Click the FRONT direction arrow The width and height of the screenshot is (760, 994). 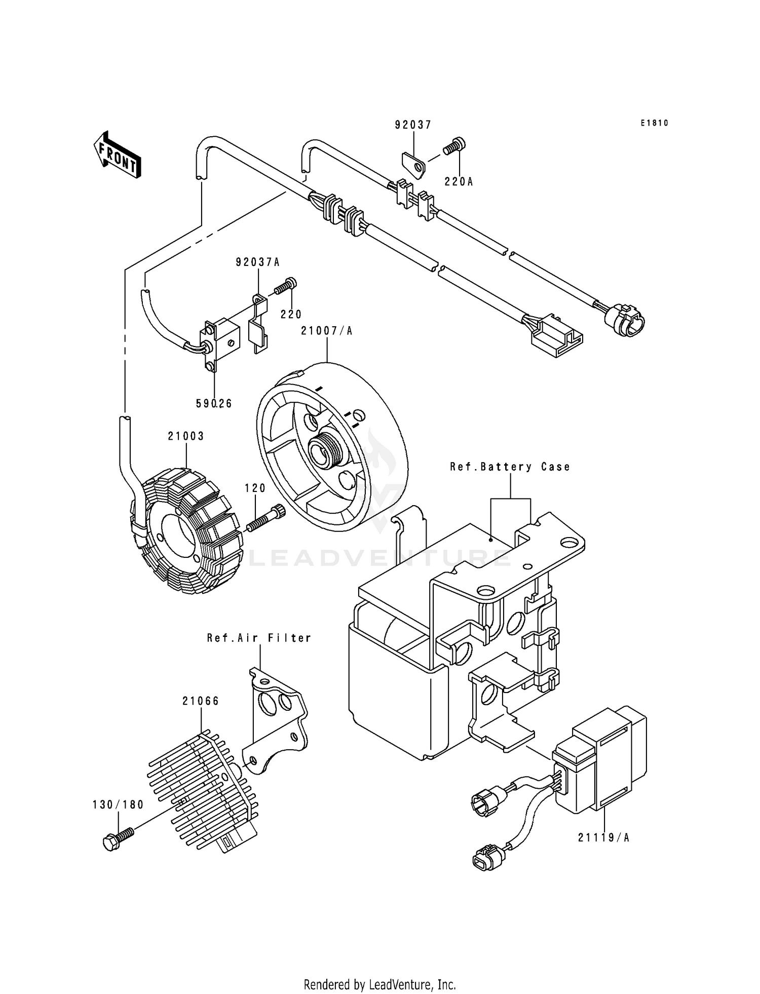pyautogui.click(x=117, y=155)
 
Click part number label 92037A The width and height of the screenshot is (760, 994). pyautogui.click(x=257, y=262)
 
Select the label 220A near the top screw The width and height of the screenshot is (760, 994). pyautogui.click(x=459, y=182)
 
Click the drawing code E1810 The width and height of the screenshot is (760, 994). pyautogui.click(x=654, y=123)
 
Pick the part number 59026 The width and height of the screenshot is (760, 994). pyautogui.click(x=214, y=403)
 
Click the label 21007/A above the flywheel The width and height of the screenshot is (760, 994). pyautogui.click(x=326, y=331)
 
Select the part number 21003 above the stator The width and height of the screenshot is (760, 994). pyautogui.click(x=186, y=436)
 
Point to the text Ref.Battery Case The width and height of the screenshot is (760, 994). pyautogui.click(x=510, y=467)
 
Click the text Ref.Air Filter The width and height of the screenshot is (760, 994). pyautogui.click(x=259, y=638)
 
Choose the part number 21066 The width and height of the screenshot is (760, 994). pyautogui.click(x=201, y=701)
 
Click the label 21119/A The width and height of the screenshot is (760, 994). pyautogui.click(x=603, y=838)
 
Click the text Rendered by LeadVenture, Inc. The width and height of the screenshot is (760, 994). pyautogui.click(x=379, y=984)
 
